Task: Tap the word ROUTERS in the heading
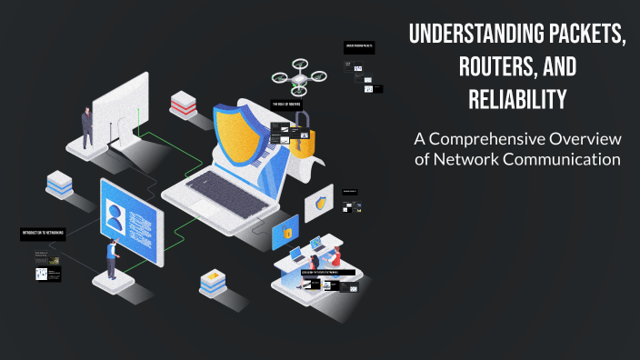tap(499, 68)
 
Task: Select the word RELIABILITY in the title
tap(517, 99)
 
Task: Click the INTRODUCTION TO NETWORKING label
tap(43, 234)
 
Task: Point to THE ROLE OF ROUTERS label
tap(286, 105)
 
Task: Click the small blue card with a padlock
tap(286, 233)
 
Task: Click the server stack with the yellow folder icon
tap(213, 283)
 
